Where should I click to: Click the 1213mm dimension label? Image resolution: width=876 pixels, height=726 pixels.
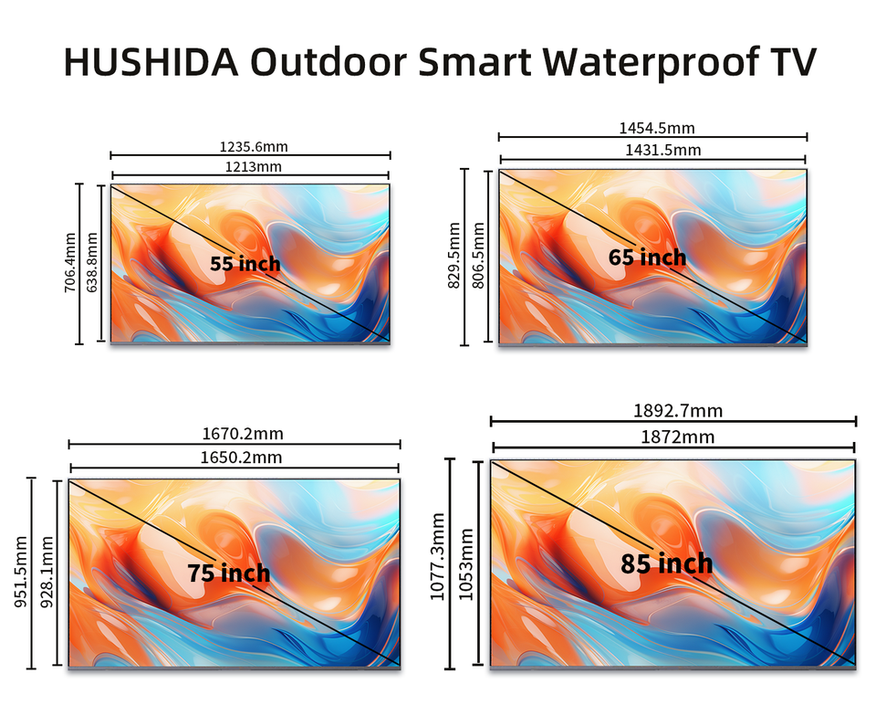coord(250,166)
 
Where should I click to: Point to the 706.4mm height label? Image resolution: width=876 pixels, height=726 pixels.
coord(70,263)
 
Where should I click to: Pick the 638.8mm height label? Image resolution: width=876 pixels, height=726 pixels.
coord(91,263)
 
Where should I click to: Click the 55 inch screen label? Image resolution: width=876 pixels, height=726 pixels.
coord(245,264)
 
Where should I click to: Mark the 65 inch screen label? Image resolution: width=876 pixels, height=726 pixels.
coord(647,258)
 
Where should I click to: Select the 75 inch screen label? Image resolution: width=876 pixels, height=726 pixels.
coord(229,573)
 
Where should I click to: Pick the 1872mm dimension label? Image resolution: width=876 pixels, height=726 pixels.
coord(674,437)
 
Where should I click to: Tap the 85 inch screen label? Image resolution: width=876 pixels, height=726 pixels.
coord(666,564)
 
